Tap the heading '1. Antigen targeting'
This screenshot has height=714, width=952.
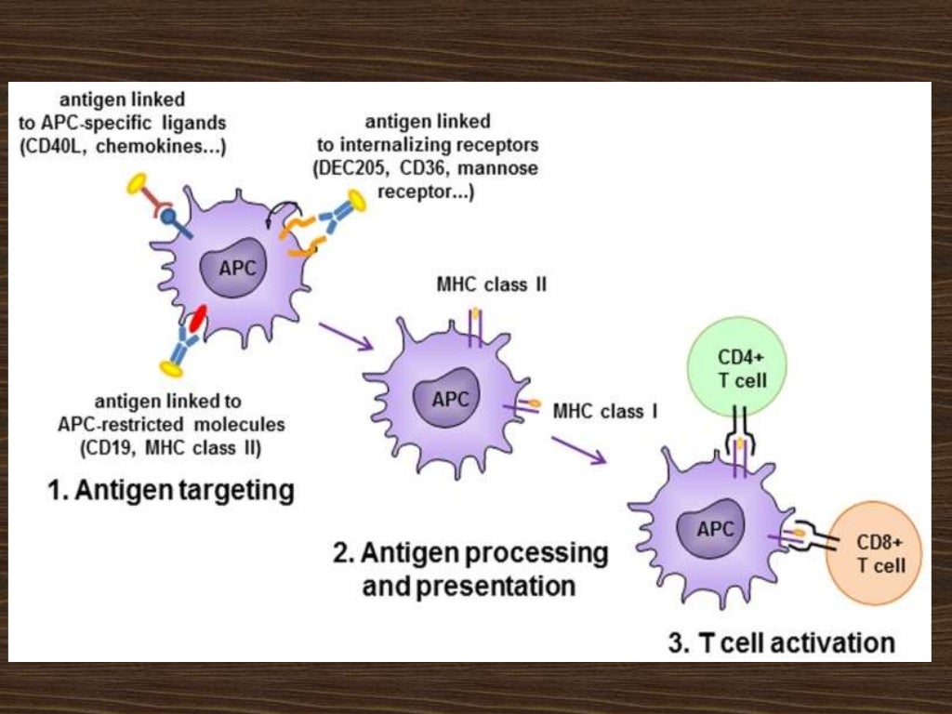170,490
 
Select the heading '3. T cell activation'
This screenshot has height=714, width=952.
781,641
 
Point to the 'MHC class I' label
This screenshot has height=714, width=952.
605,410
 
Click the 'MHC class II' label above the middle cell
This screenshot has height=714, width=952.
491,284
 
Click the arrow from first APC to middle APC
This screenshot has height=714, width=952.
345,336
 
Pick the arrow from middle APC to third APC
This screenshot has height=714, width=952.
577,449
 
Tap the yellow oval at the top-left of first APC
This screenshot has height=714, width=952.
139,183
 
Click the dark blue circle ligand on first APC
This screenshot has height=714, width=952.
169,217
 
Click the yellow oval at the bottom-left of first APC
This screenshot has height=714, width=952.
170,369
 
